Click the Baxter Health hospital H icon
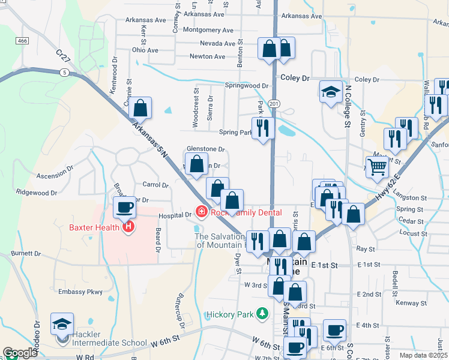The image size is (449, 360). (x=127, y=227)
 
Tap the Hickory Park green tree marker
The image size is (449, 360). (x=262, y=314)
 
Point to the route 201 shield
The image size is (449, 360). (x=274, y=104)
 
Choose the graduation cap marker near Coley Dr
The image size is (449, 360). (x=331, y=92)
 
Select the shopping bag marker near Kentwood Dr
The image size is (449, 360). (x=140, y=108)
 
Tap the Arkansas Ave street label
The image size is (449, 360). (x=145, y=20)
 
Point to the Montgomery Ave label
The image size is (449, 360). (x=208, y=30)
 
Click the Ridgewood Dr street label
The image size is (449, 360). (x=37, y=193)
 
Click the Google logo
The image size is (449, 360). (x=20, y=353)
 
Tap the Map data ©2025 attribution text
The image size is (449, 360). (x=423, y=355)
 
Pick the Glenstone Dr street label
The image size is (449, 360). (x=205, y=149)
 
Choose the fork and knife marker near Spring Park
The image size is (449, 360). (x=262, y=128)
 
